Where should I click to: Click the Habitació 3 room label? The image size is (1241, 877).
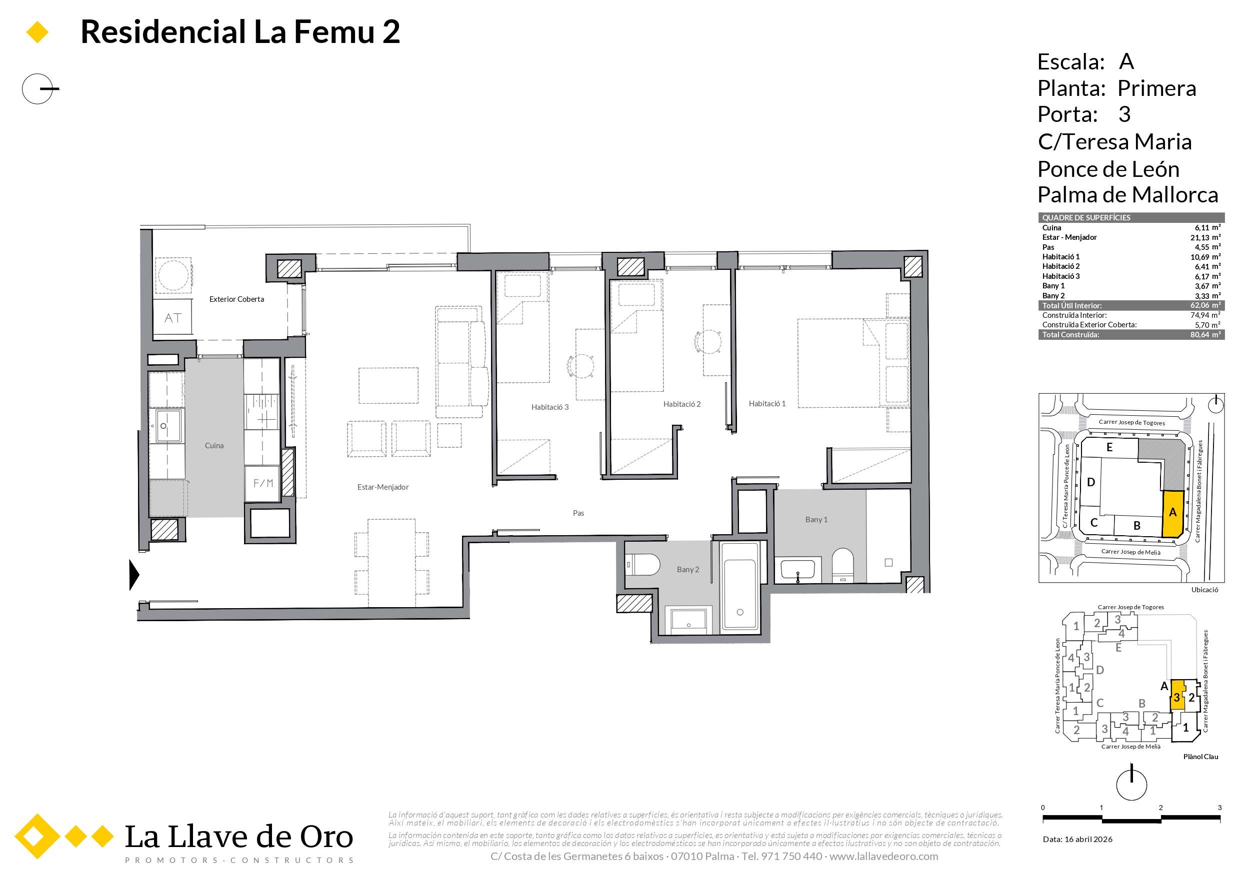coord(549,407)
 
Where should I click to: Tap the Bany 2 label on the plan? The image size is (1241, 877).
coord(687,570)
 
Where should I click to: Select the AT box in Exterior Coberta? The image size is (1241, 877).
coord(173,318)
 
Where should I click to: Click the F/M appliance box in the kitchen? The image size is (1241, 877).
coord(263,483)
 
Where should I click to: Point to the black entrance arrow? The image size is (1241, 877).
coord(134,574)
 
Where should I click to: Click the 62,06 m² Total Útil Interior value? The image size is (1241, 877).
coord(1205,305)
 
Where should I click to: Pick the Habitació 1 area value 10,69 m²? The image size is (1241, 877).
coord(1205,257)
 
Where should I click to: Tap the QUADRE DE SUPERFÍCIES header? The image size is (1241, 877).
coord(1086,218)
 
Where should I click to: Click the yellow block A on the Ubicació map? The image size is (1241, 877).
coord(1172,513)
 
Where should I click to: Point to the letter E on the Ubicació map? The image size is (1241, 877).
coord(1109,447)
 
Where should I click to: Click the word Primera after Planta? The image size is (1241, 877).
coord(1156,88)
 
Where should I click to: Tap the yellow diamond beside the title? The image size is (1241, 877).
coord(37,32)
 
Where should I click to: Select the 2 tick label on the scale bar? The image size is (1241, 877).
coord(1160,808)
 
